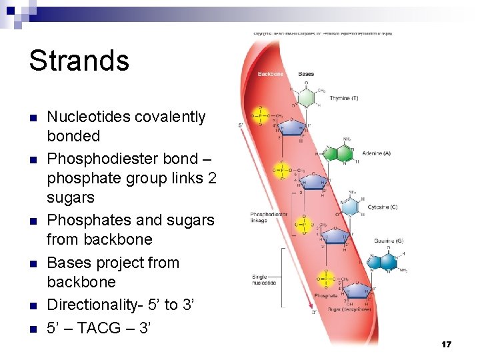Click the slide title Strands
(x=79, y=60)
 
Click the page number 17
(x=446, y=344)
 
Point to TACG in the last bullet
(x=108, y=327)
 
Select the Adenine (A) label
(x=376, y=153)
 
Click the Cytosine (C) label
(x=382, y=207)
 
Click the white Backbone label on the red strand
(x=270, y=73)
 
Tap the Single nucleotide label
(x=264, y=280)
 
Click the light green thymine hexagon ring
(x=306, y=97)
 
